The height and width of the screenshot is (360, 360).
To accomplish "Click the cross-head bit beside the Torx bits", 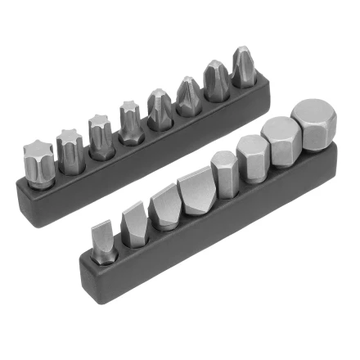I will [158, 110].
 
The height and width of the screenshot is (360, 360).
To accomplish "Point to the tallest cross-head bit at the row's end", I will [243, 70].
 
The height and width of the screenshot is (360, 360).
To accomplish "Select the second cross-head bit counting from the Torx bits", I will [187, 97].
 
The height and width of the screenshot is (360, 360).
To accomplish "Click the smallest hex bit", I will [223, 173].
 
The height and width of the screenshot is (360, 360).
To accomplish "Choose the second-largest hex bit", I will [281, 142].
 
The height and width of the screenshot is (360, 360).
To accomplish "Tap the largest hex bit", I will [314, 124].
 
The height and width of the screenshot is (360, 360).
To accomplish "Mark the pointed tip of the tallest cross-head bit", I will [243, 51].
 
